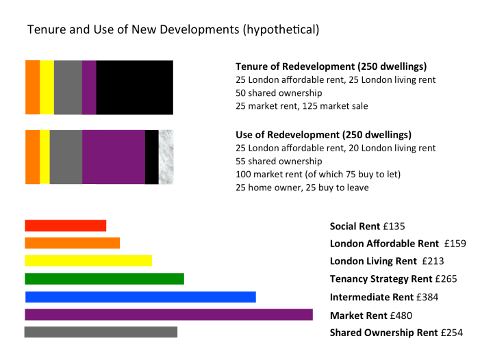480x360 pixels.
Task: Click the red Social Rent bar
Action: click(65, 225)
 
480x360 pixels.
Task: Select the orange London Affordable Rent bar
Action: click(72, 243)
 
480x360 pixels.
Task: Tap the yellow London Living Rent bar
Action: click(88, 261)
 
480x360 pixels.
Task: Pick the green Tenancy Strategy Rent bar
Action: click(104, 279)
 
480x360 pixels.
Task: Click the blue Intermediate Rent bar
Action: click(140, 296)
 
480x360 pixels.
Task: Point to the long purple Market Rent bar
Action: click(168, 314)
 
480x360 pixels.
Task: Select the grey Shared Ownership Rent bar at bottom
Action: click(101, 332)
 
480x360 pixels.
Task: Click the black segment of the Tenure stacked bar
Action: click(134, 87)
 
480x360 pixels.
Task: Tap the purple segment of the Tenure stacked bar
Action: click(89, 87)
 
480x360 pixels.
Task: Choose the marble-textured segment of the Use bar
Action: click(166, 157)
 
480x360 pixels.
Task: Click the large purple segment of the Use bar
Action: click(113, 157)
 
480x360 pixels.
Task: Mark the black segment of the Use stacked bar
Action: click(151, 157)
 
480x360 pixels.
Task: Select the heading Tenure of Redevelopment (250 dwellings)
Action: click(331, 66)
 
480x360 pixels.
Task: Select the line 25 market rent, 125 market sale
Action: click(301, 105)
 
